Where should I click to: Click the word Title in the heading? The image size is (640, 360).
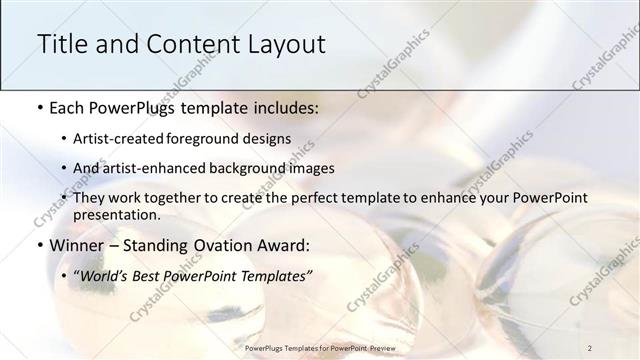click(x=62, y=44)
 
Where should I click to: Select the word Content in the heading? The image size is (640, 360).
click(x=189, y=44)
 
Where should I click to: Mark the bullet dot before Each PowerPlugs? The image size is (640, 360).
click(x=39, y=106)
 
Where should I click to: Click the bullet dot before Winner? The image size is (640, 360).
click(x=39, y=245)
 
